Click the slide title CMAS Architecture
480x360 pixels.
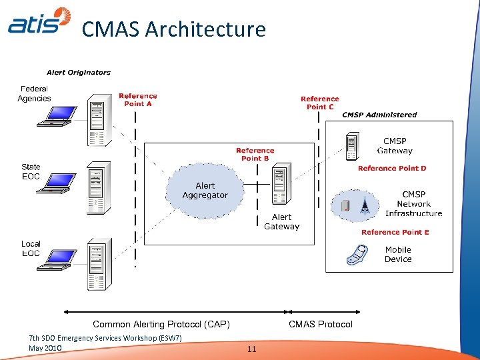pos(173,29)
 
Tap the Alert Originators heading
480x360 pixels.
pos(79,73)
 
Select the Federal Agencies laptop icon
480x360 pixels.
pos(54,116)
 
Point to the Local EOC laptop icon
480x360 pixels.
pos(54,261)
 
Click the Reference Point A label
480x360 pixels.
pos(138,100)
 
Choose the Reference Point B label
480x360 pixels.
pos(255,155)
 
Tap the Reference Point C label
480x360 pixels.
pos(320,103)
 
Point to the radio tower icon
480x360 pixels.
pos(364,205)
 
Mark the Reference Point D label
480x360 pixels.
pos(392,169)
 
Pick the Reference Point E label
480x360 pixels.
pos(395,233)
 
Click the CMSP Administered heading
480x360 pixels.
pos(379,115)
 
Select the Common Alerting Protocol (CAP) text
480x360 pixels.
pos(161,325)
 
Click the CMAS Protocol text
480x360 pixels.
pos(320,325)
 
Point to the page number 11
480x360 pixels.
pos(251,349)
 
